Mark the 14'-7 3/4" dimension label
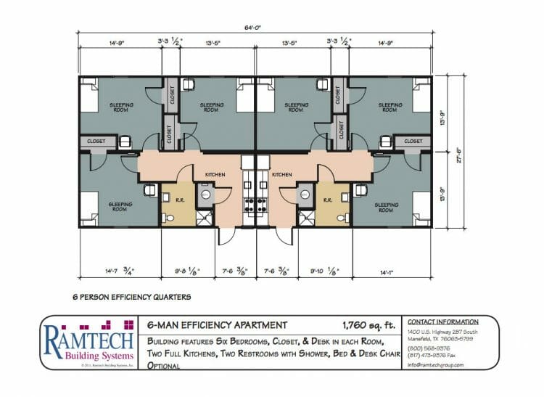pos(117,272)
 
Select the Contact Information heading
pos(442,322)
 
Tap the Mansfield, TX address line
pos(444,338)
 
